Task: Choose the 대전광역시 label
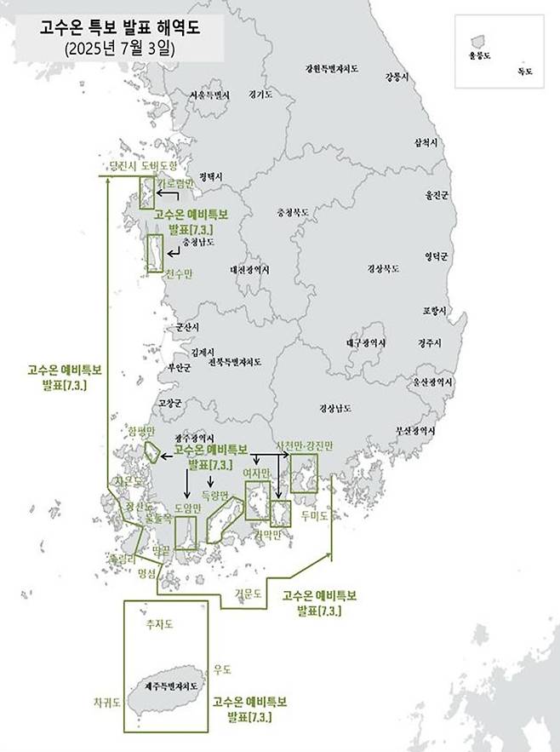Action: point(250,270)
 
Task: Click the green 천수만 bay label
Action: point(179,273)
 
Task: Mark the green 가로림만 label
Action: point(177,183)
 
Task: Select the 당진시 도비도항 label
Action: point(139,166)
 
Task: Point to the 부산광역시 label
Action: point(419,433)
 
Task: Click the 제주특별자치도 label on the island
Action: point(169,686)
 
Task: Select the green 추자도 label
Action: point(160,624)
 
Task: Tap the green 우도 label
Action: point(223,669)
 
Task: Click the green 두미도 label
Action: point(314,515)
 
